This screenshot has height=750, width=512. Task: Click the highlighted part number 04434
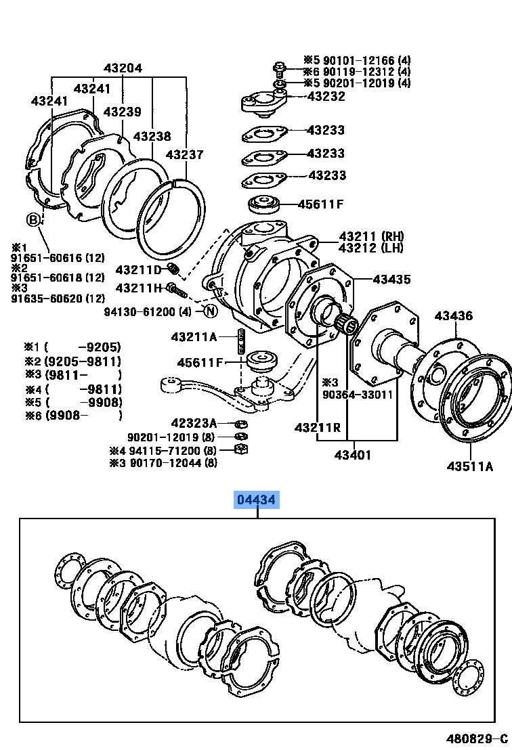pos(256,500)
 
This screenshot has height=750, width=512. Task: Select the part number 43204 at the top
pos(123,68)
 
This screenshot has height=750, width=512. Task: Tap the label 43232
pos(326,96)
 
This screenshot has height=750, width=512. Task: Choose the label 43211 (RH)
pos(371,236)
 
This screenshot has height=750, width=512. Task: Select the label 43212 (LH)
pos(371,248)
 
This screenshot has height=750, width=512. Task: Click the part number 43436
pos(454,315)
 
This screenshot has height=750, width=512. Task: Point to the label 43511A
pos(469,466)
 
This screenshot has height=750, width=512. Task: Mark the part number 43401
pos(352,455)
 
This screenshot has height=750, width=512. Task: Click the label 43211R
pos(317,428)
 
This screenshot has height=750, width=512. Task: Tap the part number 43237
pos(184,154)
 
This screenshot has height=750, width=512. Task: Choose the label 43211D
pos(138,270)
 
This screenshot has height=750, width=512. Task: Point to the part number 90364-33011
pos(357,394)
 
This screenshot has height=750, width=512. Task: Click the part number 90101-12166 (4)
pos(356,60)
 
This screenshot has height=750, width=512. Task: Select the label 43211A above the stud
pos(194,336)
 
